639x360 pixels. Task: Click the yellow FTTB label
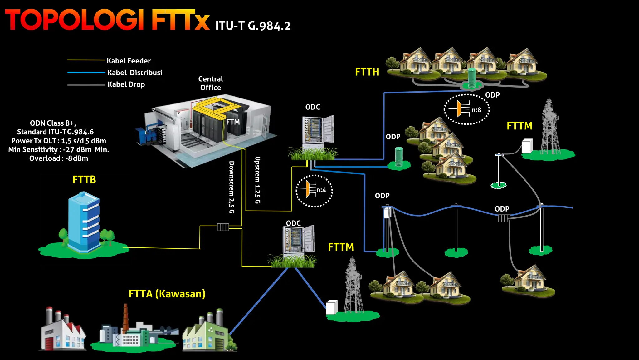[84, 180]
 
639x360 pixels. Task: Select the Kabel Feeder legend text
[129, 61]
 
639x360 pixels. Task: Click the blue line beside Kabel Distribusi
[86, 72]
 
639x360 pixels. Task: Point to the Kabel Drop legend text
[126, 84]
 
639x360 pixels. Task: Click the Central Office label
[211, 83]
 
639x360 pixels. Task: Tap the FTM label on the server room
[233, 122]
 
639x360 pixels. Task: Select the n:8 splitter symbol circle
[467, 109]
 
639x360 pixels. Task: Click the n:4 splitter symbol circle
[314, 191]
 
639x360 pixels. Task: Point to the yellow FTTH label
[367, 72]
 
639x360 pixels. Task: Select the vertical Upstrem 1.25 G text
[257, 180]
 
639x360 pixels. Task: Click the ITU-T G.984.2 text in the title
[253, 26]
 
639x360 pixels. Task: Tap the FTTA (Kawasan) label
[167, 294]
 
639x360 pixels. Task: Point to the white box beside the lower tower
[332, 307]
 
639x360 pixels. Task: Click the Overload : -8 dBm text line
[59, 158]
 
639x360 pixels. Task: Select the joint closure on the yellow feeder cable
[223, 227]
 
